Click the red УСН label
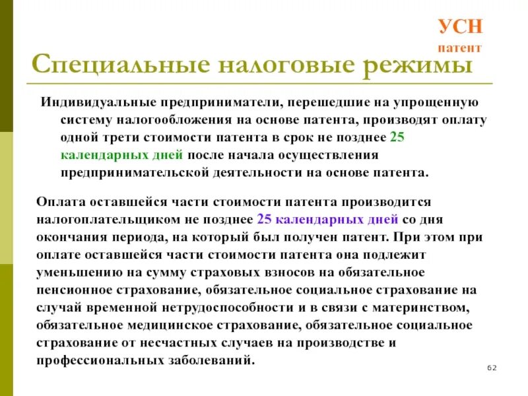[x=461, y=28]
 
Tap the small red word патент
[x=461, y=48]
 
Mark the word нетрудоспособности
[x=251, y=308]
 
